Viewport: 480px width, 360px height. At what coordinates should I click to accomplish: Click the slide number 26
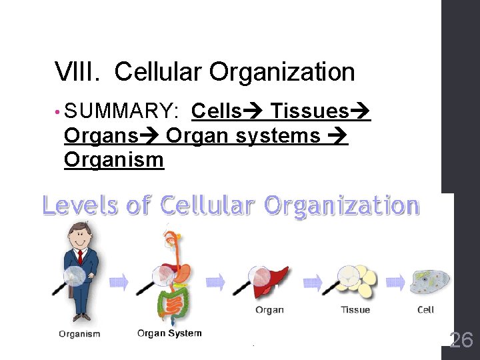click(x=461, y=340)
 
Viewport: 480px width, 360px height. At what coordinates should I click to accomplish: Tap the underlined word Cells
click(x=217, y=111)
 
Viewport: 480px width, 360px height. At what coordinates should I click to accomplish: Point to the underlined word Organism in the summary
click(x=113, y=160)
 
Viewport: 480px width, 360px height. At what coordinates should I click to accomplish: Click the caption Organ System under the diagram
click(x=169, y=333)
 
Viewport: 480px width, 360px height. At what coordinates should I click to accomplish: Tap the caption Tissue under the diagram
click(x=355, y=309)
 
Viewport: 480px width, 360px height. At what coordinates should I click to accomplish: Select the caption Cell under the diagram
click(x=425, y=309)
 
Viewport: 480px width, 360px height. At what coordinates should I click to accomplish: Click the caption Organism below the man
click(x=79, y=334)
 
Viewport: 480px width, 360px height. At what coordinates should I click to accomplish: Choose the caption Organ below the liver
click(x=269, y=309)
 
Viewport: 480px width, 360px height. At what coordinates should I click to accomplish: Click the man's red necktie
click(x=80, y=257)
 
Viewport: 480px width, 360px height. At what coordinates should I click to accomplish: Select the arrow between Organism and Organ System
click(x=118, y=282)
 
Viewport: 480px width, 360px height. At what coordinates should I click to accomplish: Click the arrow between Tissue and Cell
click(x=395, y=281)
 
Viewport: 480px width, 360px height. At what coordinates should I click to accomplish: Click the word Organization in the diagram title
click(x=341, y=206)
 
